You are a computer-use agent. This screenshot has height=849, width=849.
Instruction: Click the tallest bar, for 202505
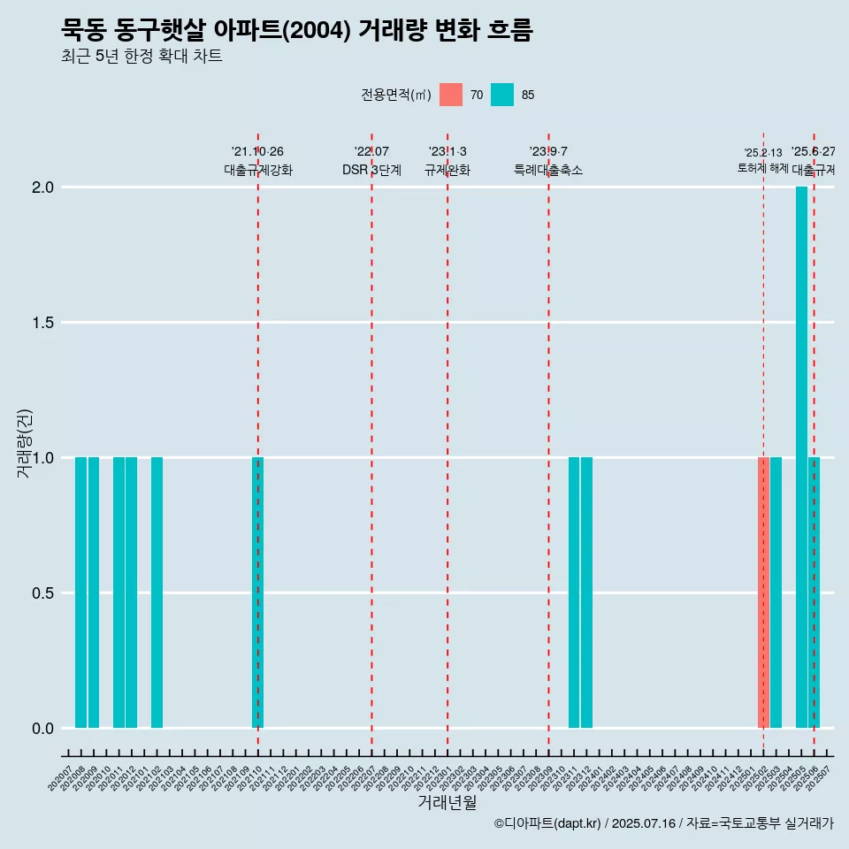801,457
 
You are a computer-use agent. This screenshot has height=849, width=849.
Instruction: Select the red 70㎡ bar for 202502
763,593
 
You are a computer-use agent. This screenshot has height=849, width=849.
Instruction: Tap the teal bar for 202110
258,593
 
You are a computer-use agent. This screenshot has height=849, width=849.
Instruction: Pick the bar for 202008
80,593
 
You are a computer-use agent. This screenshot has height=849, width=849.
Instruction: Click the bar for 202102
157,593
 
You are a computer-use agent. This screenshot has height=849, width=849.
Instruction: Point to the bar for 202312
586,593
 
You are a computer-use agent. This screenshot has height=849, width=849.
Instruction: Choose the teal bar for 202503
776,593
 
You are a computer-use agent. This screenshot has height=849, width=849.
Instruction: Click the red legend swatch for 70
451,95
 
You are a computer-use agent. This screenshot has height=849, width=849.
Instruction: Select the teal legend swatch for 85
502,95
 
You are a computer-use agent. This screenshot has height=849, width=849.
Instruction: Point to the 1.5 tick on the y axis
43,323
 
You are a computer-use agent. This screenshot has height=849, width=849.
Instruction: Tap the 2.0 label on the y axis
43,187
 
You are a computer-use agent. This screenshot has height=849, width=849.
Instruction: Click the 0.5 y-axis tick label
43,593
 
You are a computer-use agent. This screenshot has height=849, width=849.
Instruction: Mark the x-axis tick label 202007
60,776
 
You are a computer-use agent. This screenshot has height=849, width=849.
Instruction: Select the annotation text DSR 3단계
371,170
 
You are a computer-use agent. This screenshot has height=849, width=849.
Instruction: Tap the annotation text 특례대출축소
548,170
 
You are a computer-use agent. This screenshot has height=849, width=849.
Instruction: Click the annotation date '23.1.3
447,152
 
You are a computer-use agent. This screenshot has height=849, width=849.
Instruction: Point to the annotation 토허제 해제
762,168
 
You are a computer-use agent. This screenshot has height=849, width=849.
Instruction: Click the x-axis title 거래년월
447,803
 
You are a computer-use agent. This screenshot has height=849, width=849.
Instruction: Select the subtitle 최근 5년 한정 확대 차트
141,57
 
